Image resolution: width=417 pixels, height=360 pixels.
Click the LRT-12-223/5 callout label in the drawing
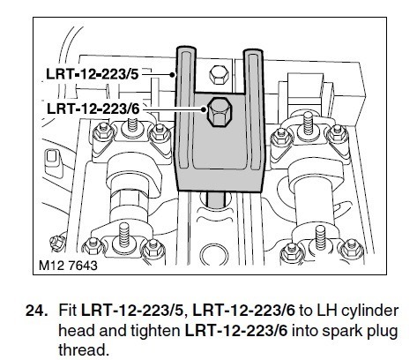tap(92, 74)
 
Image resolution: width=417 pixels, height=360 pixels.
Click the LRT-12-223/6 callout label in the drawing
tap(93, 109)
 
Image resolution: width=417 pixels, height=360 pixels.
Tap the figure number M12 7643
tap(68, 266)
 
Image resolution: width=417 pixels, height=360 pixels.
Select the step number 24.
tap(37, 311)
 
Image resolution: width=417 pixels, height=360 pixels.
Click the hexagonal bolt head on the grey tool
tap(219, 112)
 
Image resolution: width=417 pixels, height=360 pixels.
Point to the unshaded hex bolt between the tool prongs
tap(219, 75)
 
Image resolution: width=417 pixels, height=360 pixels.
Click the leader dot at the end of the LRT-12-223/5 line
tap(173, 75)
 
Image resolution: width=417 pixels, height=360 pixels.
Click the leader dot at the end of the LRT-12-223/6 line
tap(204, 109)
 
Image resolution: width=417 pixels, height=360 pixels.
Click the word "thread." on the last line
tap(84, 350)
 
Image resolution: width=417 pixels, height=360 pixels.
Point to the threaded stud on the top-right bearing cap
tap(308, 123)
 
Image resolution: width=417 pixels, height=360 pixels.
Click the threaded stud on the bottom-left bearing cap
tap(124, 234)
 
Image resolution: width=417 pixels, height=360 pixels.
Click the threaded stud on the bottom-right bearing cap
tap(320, 237)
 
